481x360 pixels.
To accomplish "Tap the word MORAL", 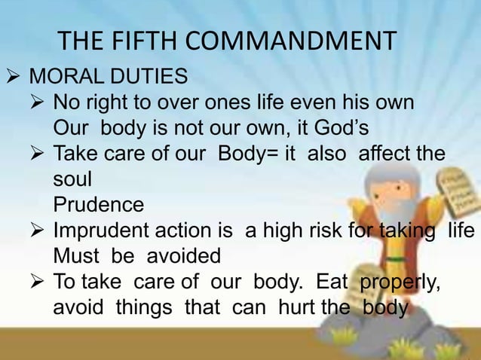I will (64, 77).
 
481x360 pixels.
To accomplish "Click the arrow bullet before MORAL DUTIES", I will (11, 78).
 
